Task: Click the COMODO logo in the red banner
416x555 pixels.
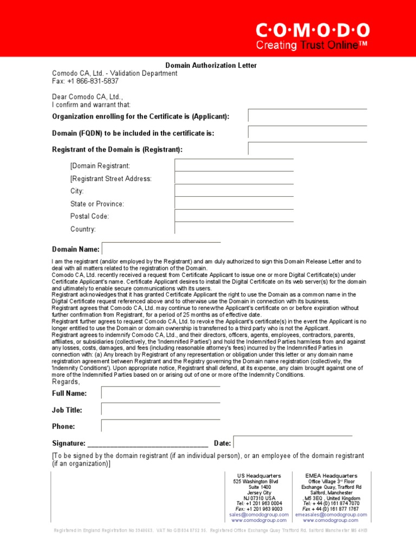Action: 313,30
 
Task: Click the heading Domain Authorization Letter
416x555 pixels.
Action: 211,66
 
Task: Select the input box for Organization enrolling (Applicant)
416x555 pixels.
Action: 307,116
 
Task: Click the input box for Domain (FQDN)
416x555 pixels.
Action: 307,132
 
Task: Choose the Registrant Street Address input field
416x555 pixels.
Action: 234,178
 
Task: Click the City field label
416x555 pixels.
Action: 77,191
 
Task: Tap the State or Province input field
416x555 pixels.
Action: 234,203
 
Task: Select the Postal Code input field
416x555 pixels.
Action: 234,216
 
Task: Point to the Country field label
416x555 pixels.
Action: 83,229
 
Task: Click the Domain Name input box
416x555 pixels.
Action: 161,249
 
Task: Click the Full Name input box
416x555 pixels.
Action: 160,393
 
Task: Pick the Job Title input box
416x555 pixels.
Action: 160,410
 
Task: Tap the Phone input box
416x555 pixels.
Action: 160,426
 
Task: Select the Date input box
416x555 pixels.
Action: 292,443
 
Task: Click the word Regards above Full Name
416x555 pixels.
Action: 66,382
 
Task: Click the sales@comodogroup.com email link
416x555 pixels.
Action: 259,515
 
